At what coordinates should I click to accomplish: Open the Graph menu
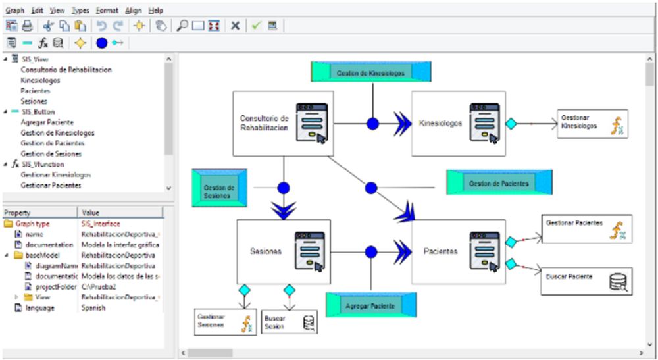(x=14, y=11)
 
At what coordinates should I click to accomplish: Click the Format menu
(x=107, y=11)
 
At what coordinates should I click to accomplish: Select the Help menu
(x=156, y=11)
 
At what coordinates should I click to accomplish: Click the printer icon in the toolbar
(x=27, y=26)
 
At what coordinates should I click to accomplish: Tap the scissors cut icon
(x=48, y=26)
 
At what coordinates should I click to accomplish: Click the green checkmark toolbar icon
(x=256, y=26)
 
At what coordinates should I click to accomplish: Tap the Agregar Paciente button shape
(x=370, y=306)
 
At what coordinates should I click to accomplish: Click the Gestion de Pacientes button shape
(x=499, y=182)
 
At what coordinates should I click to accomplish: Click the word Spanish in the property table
(x=93, y=308)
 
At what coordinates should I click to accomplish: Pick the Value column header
(x=91, y=213)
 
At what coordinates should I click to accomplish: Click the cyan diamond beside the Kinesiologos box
(x=509, y=123)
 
